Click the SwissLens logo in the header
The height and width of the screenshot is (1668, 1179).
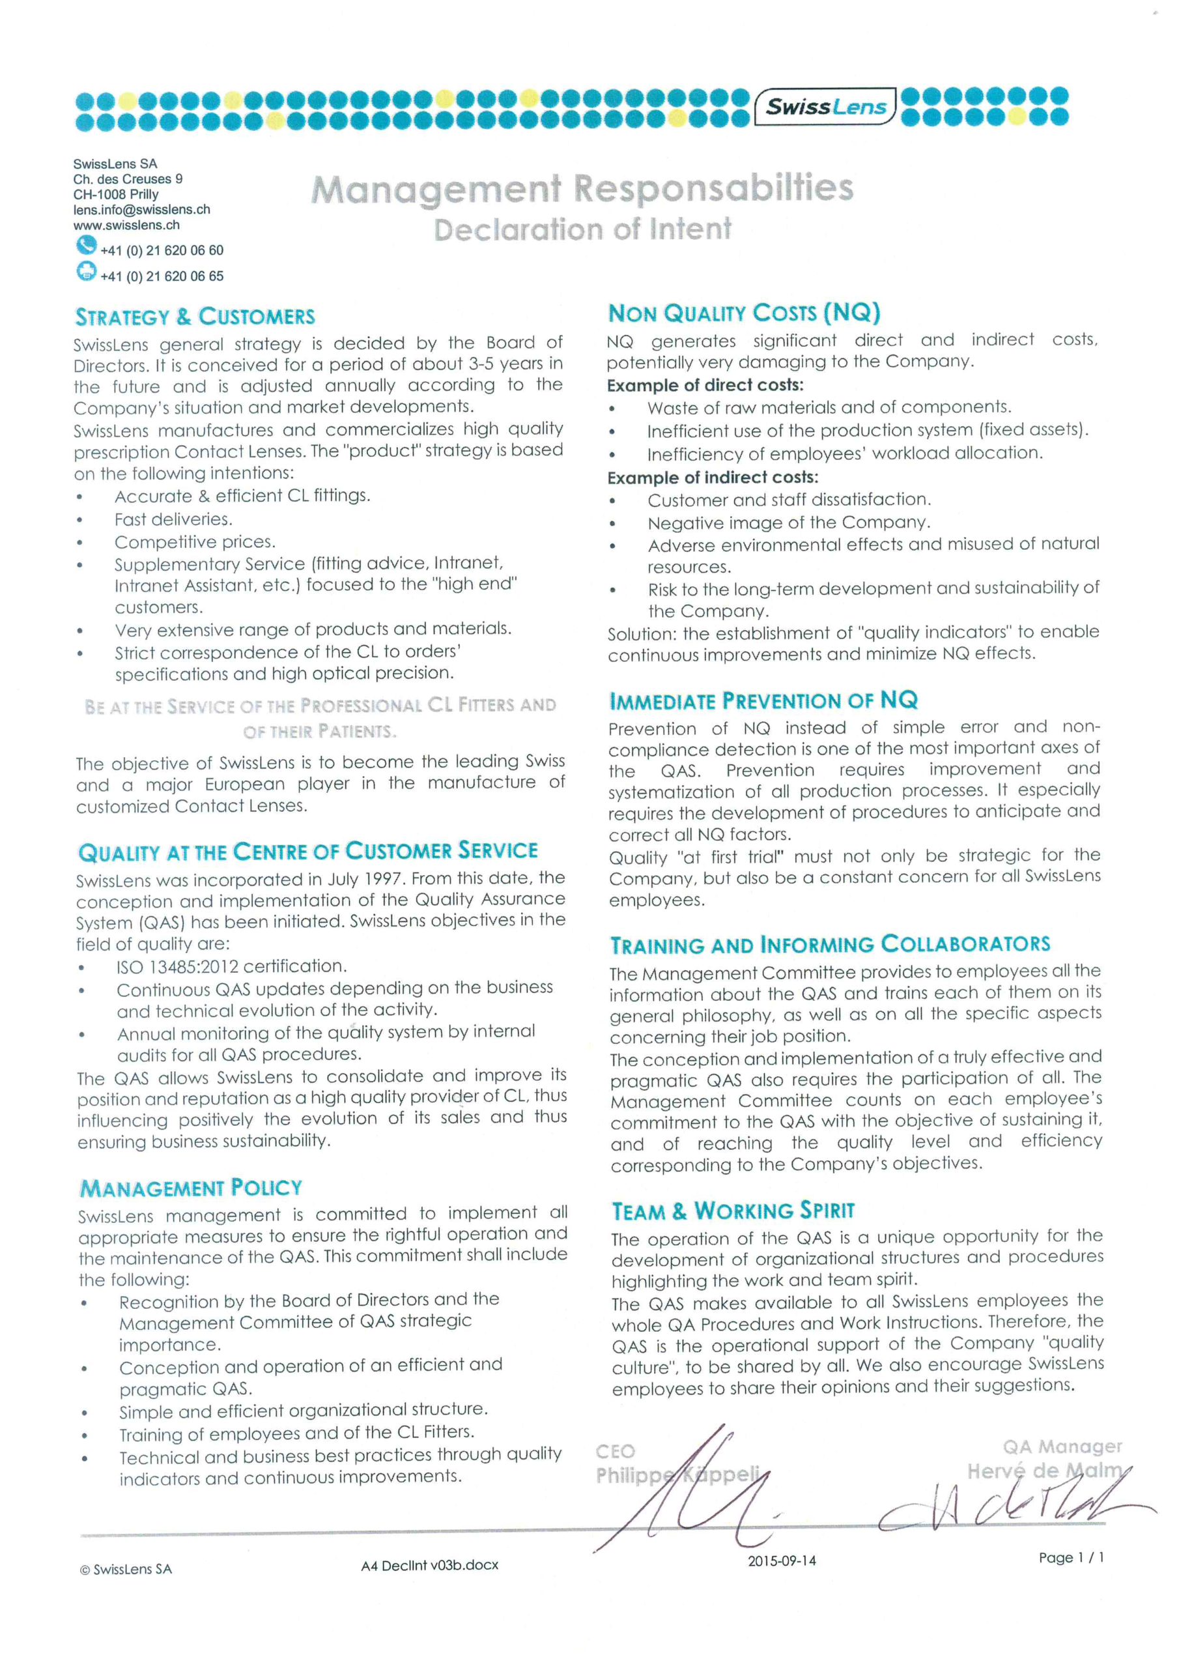coord(826,107)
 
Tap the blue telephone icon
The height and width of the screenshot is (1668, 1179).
coord(86,246)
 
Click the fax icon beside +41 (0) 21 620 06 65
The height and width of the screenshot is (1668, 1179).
coord(86,272)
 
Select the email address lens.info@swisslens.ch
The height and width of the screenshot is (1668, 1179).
coord(141,209)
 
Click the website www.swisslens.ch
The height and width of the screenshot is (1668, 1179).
coord(126,225)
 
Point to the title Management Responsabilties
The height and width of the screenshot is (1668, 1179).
coord(582,188)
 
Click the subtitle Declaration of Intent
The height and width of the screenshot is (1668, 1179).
coord(582,229)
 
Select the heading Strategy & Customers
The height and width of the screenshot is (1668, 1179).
coord(195,317)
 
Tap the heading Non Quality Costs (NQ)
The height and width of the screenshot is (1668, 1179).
coord(744,313)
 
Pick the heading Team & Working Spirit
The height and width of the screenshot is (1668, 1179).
coord(733,1211)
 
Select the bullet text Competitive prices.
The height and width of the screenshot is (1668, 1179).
coord(195,542)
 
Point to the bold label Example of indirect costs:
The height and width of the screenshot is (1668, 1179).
coord(713,478)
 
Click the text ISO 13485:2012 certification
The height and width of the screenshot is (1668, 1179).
coord(232,966)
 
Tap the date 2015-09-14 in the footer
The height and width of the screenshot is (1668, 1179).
coord(782,1560)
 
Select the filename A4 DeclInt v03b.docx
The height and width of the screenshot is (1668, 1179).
coord(429,1565)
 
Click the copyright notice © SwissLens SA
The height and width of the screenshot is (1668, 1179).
coord(126,1568)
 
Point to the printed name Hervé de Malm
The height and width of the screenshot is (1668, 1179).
coord(1045,1471)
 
